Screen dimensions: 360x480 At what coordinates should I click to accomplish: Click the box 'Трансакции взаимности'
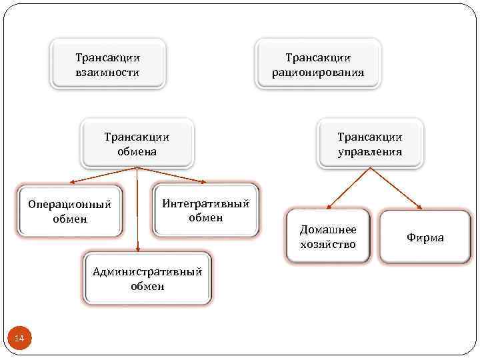click(107, 65)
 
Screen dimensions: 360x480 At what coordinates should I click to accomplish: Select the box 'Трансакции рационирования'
click(318, 65)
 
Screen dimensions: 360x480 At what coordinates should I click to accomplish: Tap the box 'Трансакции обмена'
click(137, 144)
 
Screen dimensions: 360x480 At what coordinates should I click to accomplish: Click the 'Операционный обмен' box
click(70, 211)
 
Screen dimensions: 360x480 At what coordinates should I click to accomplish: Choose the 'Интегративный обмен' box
click(205, 210)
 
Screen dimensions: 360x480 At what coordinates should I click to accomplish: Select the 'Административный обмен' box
click(147, 279)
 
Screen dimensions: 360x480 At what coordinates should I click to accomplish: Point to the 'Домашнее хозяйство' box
click(328, 237)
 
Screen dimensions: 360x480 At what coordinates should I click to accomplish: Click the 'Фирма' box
click(425, 237)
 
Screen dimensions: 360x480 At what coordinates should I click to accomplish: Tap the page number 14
click(19, 339)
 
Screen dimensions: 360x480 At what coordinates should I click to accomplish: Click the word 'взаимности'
click(107, 72)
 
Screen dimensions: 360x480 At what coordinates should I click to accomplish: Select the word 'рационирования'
click(318, 72)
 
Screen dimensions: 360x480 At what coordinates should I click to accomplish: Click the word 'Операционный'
click(70, 204)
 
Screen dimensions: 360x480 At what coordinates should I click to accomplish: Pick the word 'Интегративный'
click(205, 203)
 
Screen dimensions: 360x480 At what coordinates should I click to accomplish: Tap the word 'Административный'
click(147, 271)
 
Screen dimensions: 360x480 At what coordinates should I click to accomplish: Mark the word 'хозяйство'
click(328, 244)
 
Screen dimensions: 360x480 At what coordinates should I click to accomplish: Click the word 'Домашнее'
click(328, 229)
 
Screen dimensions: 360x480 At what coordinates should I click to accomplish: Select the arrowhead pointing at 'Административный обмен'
click(137, 249)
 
